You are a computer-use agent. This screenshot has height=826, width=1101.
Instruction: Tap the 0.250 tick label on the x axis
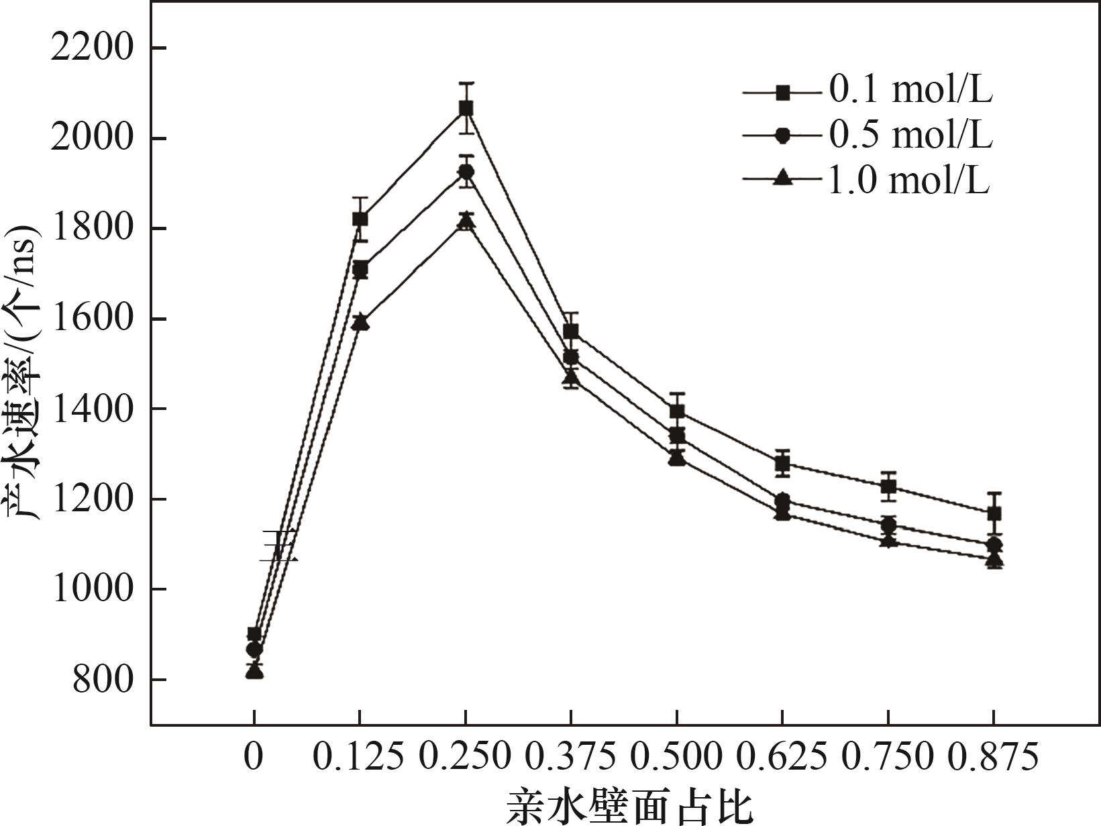tap(465, 758)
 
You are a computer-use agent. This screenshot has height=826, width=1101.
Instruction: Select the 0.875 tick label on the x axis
tap(994, 758)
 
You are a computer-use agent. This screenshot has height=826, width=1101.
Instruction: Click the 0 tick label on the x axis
tap(253, 758)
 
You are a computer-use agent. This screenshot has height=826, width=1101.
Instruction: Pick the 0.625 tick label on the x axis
tap(782, 758)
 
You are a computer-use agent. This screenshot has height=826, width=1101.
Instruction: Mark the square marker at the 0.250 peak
tap(466, 108)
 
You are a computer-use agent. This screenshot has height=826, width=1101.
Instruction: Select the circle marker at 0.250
tap(466, 172)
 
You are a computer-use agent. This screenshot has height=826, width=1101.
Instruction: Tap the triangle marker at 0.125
tap(360, 322)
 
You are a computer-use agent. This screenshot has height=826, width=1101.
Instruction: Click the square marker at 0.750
tap(888, 486)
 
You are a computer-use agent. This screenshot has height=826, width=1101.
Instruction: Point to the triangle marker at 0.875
tap(994, 559)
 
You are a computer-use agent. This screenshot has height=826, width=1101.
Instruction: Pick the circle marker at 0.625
tap(782, 501)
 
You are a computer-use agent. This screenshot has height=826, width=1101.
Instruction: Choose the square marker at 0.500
tap(677, 411)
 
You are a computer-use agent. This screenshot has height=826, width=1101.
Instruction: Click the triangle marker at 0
tap(254, 670)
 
